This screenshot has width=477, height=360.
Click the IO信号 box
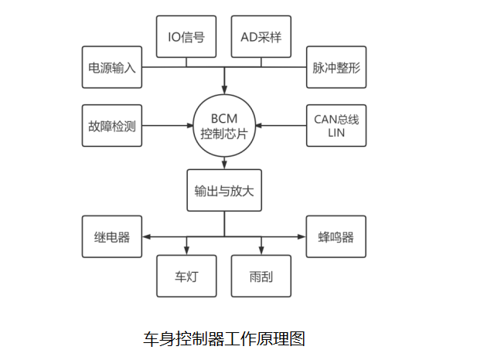point(186,36)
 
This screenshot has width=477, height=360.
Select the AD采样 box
point(261,36)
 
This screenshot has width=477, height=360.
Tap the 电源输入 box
point(112,67)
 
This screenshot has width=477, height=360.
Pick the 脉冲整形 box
point(336,67)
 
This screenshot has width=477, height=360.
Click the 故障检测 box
point(112,124)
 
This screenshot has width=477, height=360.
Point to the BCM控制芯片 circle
point(224,124)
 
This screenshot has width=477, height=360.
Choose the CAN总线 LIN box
point(336,124)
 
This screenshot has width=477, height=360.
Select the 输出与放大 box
point(224,190)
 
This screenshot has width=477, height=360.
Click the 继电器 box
point(112,237)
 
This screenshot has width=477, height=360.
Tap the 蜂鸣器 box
point(336,237)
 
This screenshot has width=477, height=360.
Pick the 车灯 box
point(186,276)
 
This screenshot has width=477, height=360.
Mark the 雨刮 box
point(261,276)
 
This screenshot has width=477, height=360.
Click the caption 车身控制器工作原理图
point(224,338)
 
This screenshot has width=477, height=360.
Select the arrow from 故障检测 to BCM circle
point(169,124)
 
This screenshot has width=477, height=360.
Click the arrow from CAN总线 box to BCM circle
point(281,124)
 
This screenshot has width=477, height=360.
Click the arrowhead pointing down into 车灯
point(186,250)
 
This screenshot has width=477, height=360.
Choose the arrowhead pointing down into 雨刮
point(261,250)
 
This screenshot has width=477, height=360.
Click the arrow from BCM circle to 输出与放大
point(224,161)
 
